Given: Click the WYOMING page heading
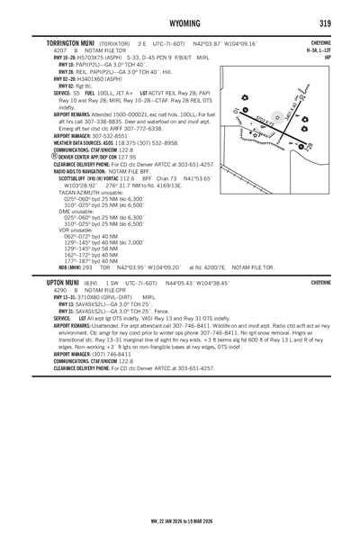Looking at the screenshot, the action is click(180, 21).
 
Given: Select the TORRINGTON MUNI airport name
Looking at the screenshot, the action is click(64, 43).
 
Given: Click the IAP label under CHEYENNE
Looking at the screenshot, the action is click(329, 57).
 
